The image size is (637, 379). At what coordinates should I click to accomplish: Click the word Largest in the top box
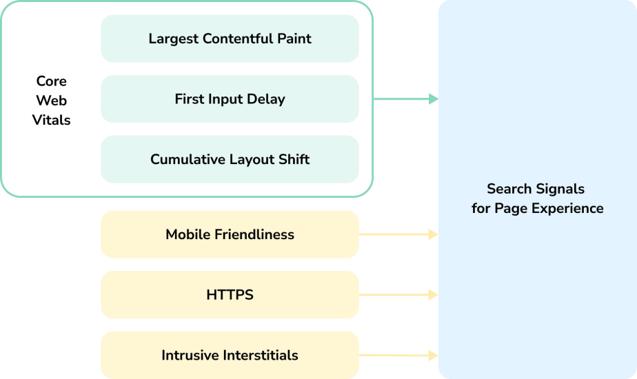click(172, 39)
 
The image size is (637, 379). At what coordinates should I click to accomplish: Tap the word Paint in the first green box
click(294, 39)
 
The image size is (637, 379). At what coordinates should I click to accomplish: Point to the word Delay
click(266, 99)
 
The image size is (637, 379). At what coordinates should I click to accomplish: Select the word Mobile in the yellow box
click(188, 235)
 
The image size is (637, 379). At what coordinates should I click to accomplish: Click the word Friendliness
click(254, 235)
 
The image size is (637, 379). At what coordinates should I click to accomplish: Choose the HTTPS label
click(230, 295)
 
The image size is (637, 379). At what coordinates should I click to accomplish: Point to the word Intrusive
click(191, 356)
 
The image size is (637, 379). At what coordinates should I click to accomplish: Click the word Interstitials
click(261, 356)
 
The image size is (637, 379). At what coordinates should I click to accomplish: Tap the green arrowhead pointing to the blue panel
click(433, 99)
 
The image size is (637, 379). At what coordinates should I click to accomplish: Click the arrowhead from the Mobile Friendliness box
click(433, 235)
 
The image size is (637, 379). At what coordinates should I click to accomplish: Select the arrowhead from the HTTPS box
click(433, 295)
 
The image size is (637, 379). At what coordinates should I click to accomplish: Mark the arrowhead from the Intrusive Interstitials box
click(433, 356)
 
